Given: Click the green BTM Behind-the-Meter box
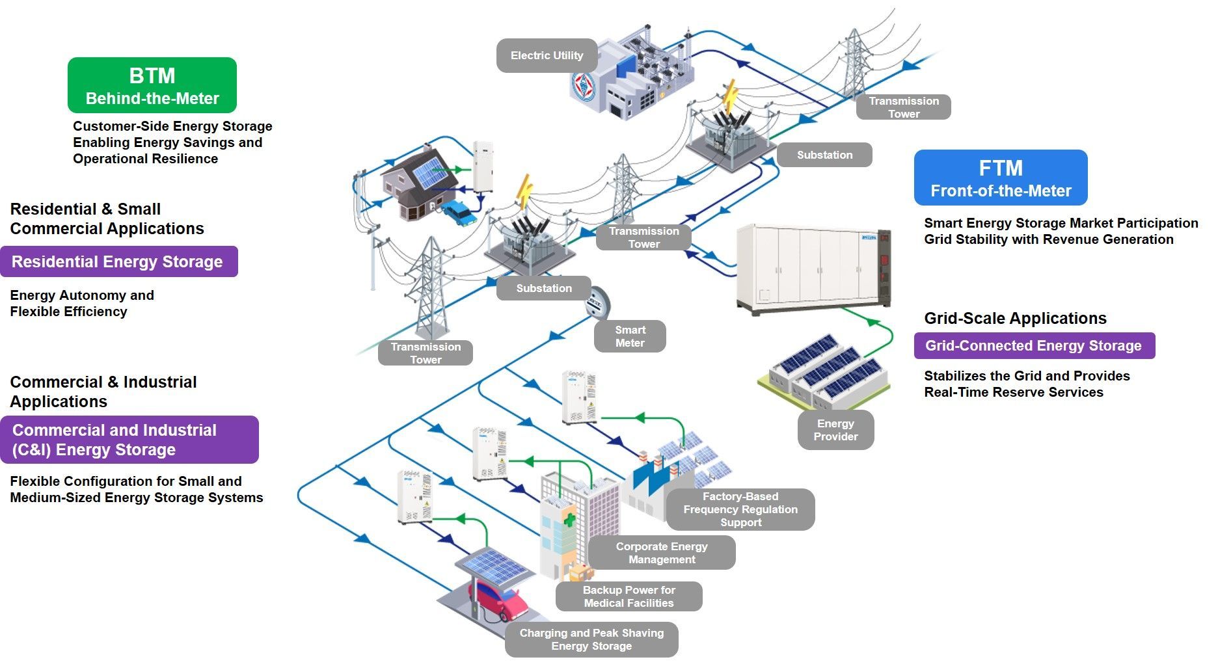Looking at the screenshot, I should coord(152,85).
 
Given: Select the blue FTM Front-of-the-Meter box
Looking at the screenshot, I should coord(1000,178).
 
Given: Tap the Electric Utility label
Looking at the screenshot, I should coord(547,56).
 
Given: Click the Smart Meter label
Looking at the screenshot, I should coord(630,336).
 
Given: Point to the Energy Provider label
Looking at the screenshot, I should coord(835,430).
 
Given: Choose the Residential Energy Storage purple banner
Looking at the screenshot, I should coord(118,261).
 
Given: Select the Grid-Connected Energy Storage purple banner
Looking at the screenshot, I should coord(1034,345).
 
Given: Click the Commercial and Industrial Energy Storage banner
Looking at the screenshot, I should coord(128,440).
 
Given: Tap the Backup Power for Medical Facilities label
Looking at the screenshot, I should coord(629,596).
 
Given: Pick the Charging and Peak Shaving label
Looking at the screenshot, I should coord(591,639).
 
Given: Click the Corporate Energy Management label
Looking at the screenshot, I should coord(662,553).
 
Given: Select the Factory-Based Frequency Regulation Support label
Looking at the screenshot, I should coord(740,509).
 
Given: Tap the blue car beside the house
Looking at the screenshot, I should coord(459,213).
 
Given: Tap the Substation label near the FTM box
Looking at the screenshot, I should coord(824,155).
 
